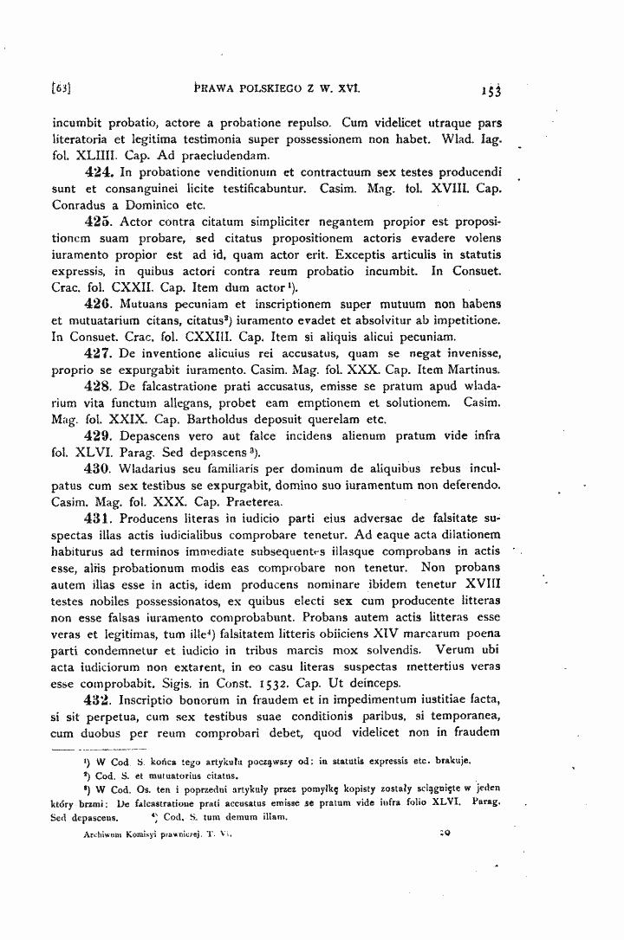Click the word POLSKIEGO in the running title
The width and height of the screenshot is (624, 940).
pyautogui.click(x=271, y=87)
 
